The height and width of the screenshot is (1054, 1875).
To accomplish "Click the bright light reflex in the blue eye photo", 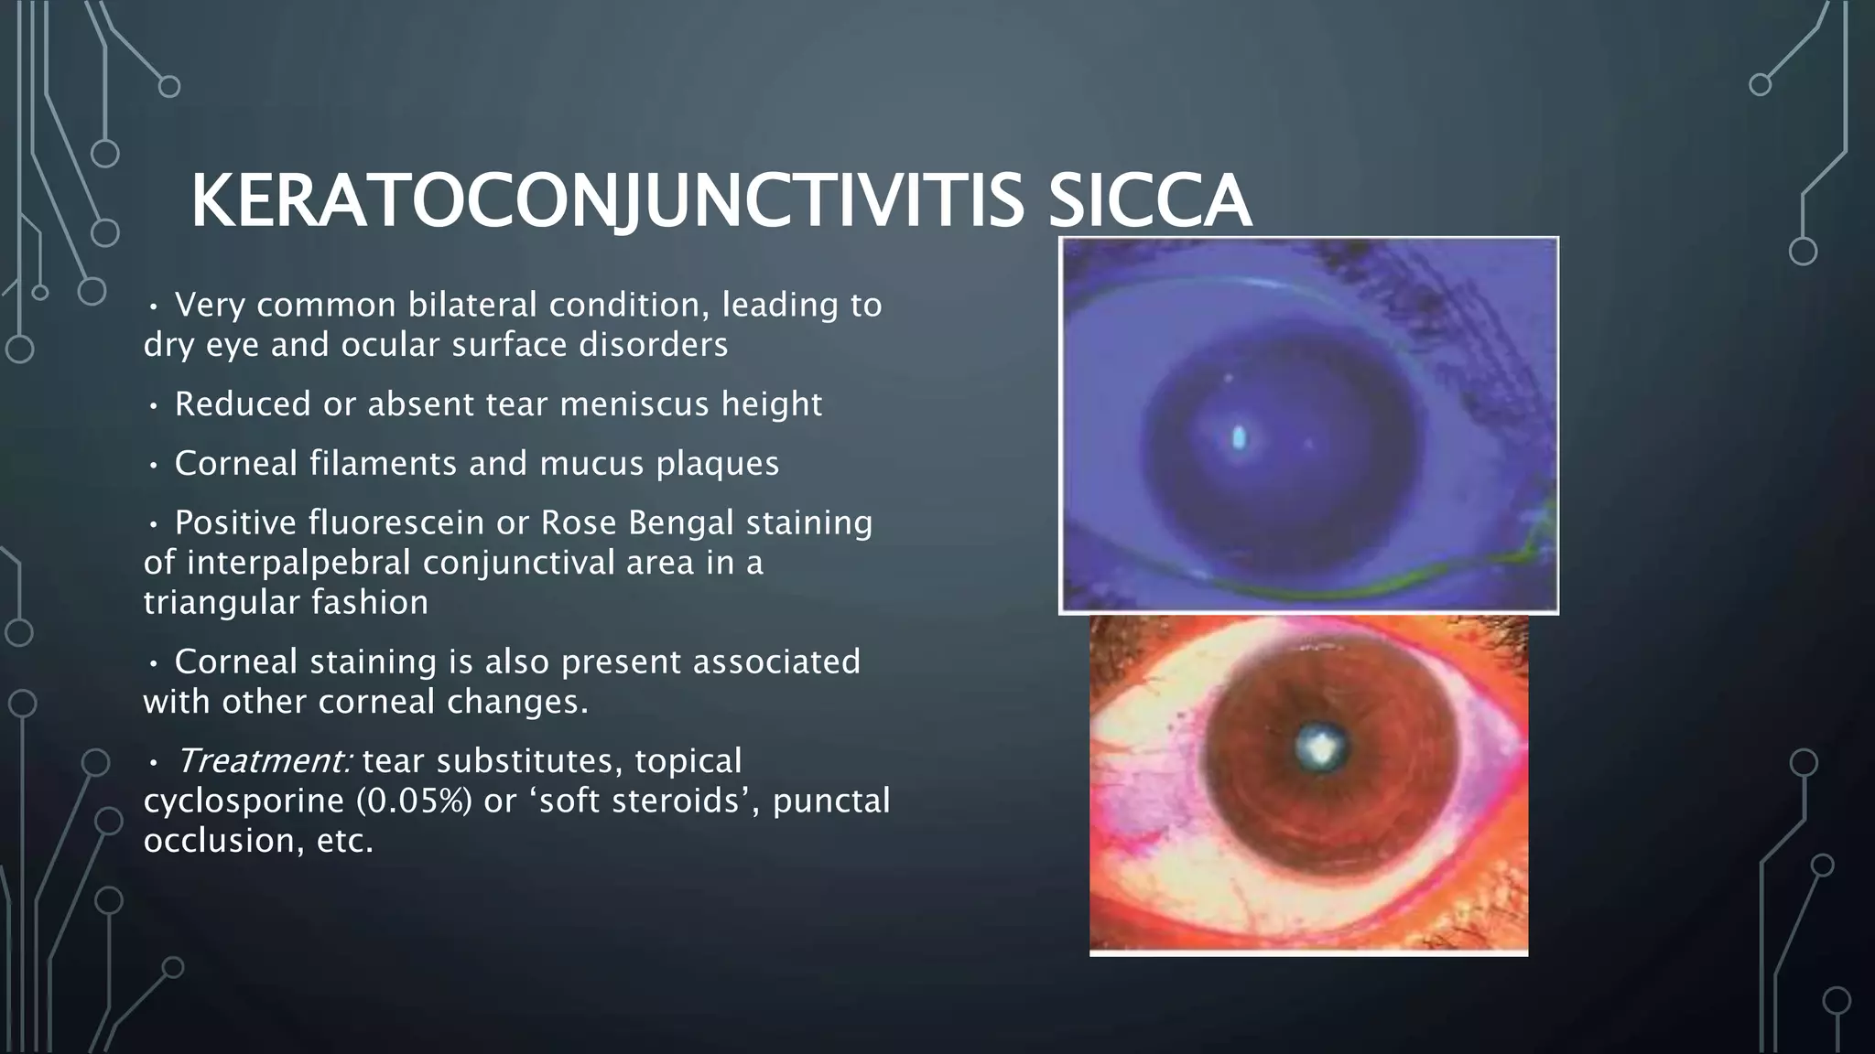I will click(1239, 438).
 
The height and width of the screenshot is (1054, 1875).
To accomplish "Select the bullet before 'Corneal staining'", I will click(154, 662).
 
